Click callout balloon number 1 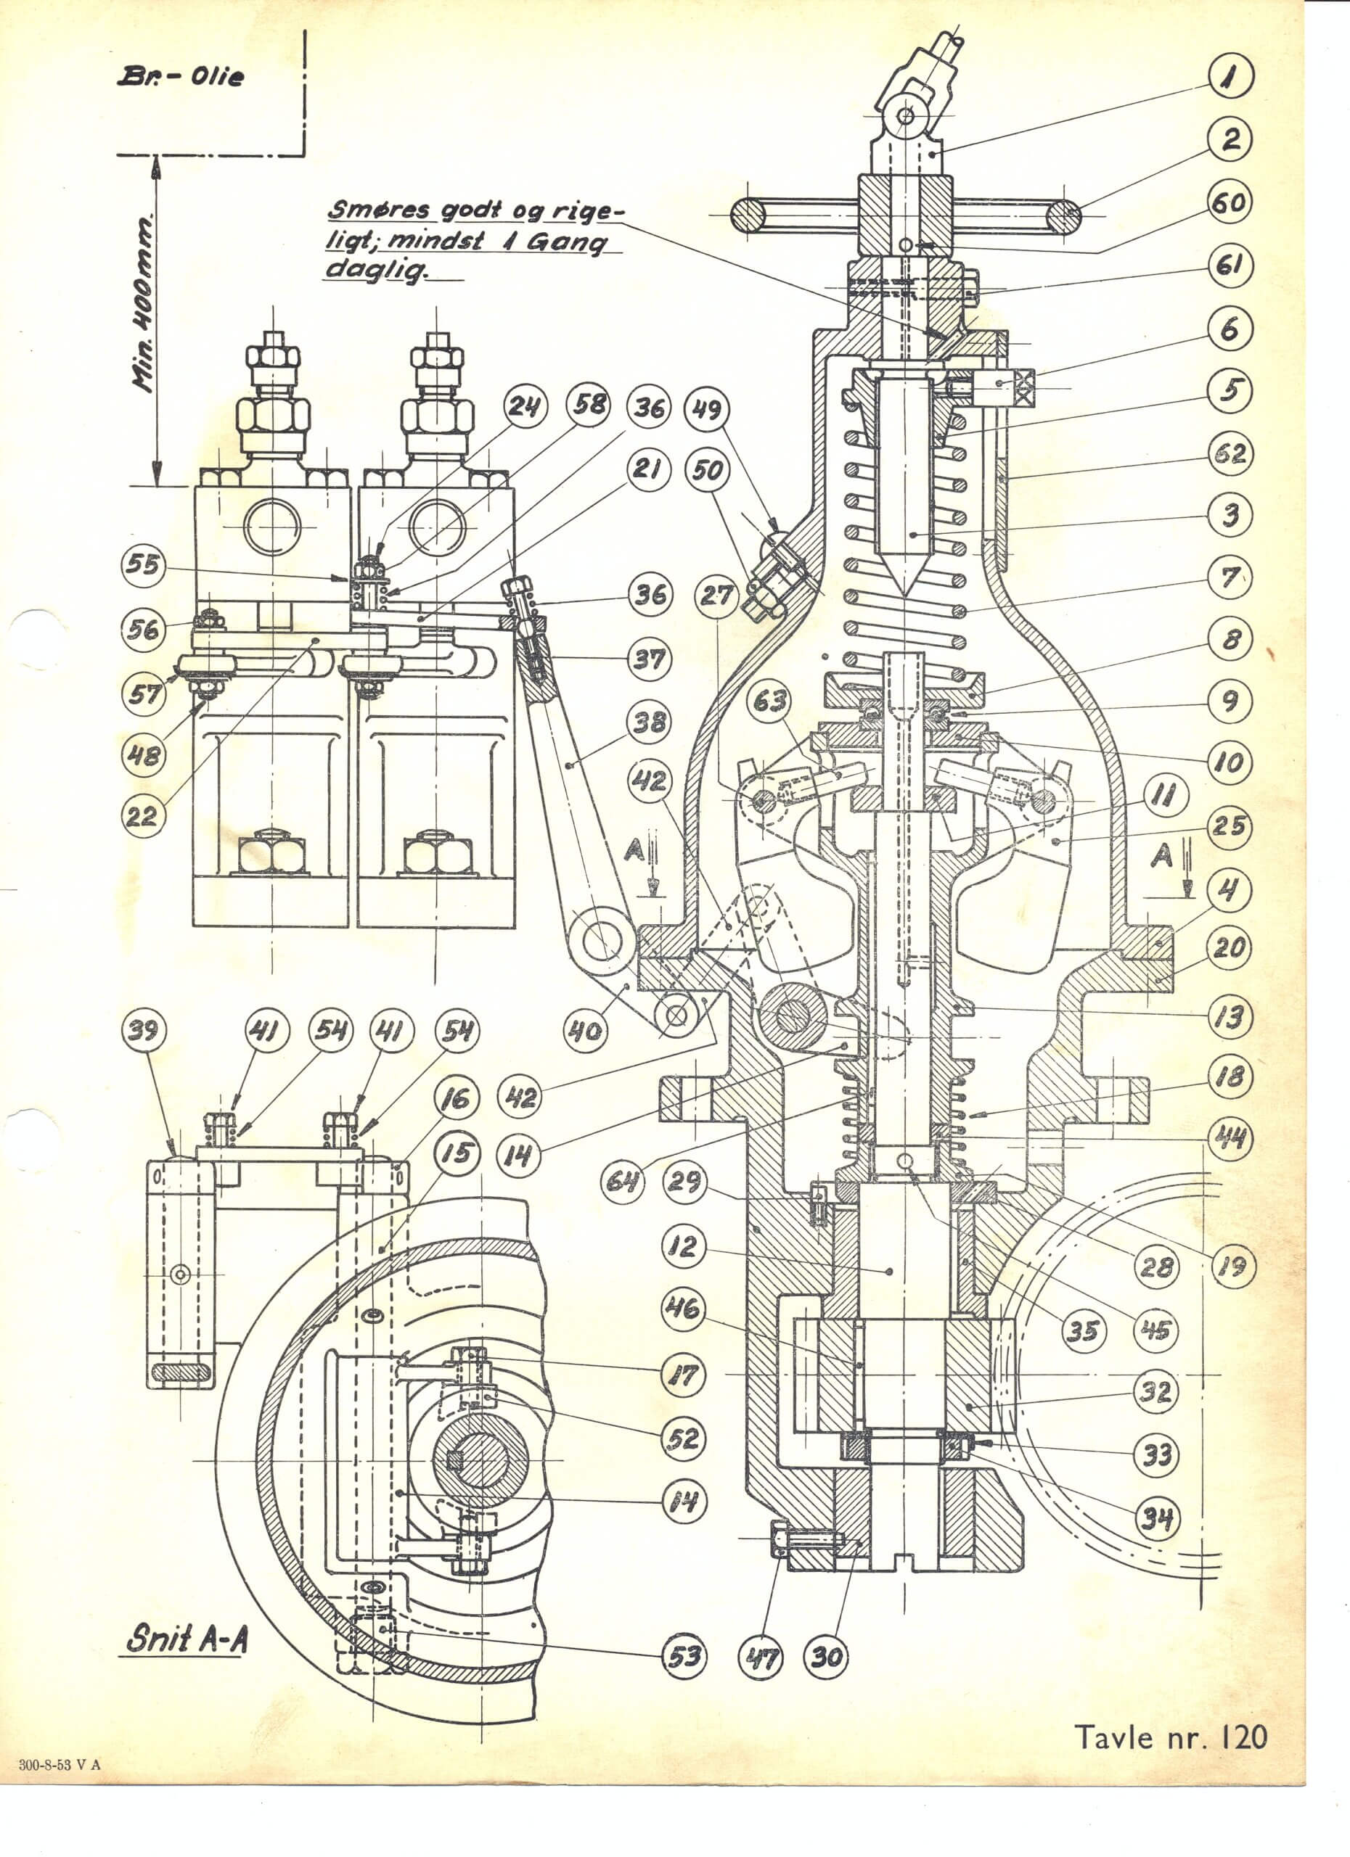click(1230, 78)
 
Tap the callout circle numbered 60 click(1230, 203)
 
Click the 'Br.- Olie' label click(181, 77)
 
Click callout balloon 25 click(1230, 827)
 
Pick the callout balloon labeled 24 click(524, 406)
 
